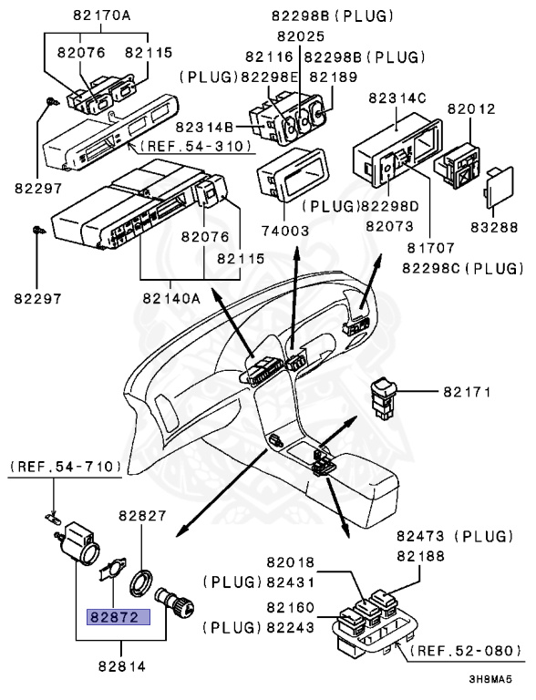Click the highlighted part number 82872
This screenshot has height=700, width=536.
pos(112,617)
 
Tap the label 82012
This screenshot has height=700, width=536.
pos(471,109)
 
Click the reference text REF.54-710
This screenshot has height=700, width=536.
pos(67,467)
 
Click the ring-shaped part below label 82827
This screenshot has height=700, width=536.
pos(144,581)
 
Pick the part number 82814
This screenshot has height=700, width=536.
pos(118,667)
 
